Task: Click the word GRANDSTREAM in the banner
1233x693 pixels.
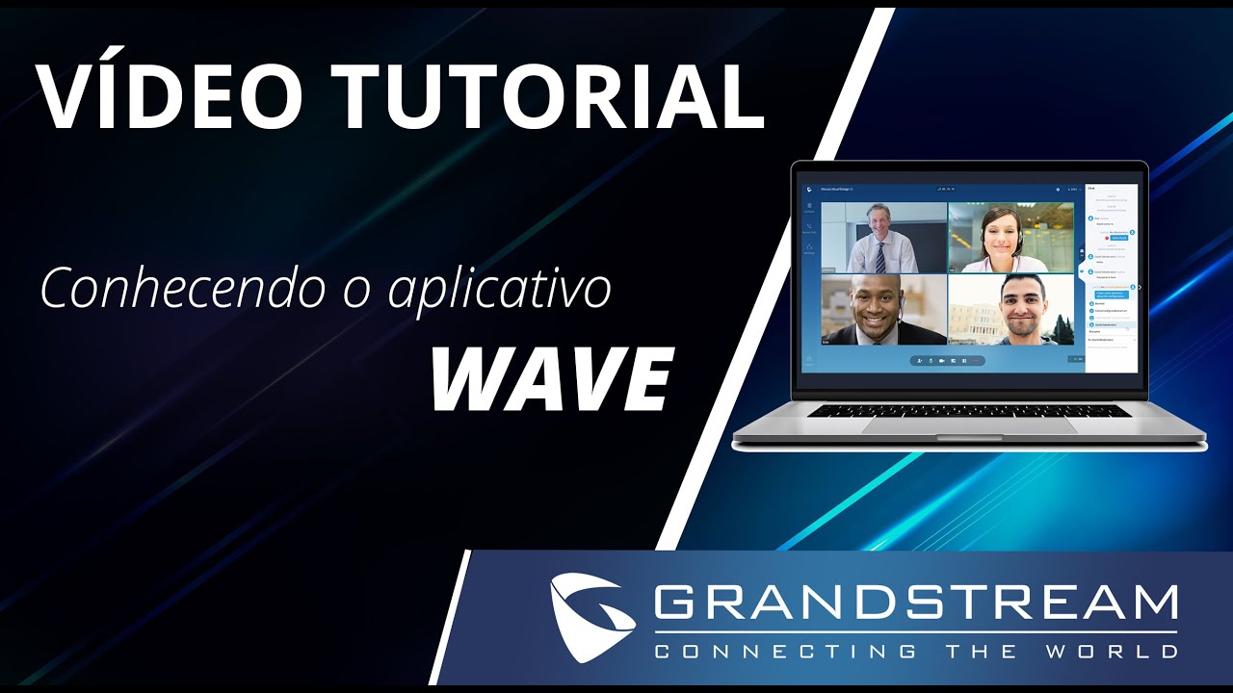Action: (x=915, y=603)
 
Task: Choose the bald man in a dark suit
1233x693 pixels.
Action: (x=879, y=310)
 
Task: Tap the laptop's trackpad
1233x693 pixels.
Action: (x=968, y=424)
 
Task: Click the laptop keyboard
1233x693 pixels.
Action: (x=968, y=411)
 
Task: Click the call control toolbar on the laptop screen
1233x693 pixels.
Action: (x=949, y=361)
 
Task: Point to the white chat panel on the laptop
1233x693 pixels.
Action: (x=1112, y=279)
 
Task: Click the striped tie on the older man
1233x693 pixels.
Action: (x=880, y=256)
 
